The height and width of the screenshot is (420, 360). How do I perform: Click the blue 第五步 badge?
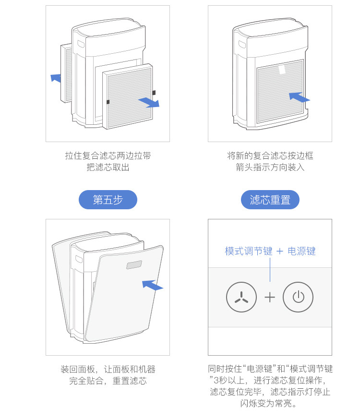108,200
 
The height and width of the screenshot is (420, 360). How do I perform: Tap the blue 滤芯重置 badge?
270,200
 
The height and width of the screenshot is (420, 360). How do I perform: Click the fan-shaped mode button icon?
241,298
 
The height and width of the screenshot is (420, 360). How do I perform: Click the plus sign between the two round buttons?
270,298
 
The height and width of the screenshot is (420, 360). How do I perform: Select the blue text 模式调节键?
248,251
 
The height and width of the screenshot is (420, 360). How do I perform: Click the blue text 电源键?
301,251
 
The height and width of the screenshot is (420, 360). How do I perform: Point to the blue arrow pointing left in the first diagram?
56,77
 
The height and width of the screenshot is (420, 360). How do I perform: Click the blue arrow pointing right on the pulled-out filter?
148,102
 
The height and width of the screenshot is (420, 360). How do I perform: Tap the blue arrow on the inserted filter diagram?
300,97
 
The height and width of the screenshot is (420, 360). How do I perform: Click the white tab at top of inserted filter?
282,70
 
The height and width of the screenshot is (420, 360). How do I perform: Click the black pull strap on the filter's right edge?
154,92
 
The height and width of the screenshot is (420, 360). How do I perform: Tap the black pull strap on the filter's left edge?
108,101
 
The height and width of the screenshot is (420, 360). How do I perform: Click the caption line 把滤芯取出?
108,168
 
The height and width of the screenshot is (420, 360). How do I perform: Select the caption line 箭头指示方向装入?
270,168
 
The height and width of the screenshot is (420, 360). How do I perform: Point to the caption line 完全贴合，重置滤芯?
108,381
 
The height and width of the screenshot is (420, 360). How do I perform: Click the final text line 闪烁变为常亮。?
270,403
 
